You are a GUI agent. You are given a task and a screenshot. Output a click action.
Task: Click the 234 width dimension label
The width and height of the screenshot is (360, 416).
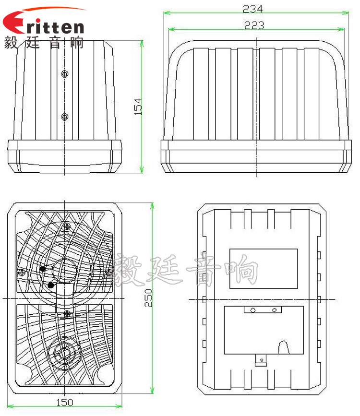[x=252, y=8]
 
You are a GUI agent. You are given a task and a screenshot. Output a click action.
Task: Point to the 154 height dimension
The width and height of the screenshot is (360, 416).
[x=138, y=107]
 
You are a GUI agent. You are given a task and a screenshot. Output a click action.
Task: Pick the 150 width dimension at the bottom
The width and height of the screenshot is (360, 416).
[x=65, y=402]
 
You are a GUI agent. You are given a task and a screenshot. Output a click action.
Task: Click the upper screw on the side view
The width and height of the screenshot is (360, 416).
[x=65, y=73]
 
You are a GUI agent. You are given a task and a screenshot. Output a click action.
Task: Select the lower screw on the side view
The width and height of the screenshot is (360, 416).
[x=65, y=117]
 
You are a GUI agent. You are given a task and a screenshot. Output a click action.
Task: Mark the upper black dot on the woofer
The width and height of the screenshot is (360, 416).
[x=43, y=269]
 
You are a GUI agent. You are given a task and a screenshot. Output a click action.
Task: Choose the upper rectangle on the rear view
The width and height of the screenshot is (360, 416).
[x=264, y=269]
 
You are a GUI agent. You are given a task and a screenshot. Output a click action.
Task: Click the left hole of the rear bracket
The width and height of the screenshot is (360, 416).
[x=253, y=310]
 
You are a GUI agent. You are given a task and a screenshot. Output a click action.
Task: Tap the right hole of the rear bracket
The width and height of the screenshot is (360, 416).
[x=274, y=310]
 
